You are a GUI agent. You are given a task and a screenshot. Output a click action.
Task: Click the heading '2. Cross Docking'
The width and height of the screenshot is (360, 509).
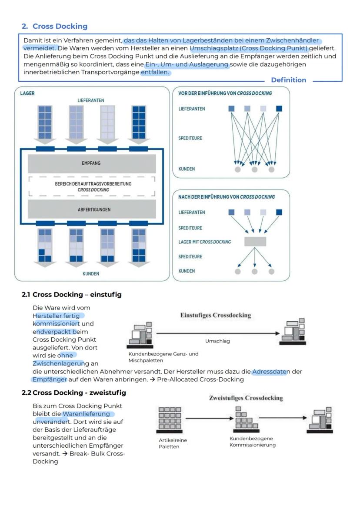pos(54,26)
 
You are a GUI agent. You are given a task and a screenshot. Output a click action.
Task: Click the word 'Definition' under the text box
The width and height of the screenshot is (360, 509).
pos(288,80)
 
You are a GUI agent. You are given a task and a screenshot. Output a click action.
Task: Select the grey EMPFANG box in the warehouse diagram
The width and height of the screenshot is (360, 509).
pos(91,163)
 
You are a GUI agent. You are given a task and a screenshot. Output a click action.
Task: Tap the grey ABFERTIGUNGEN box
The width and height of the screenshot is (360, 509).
pos(91,210)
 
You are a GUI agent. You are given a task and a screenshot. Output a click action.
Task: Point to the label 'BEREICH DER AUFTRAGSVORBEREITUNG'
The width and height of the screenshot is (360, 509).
pos(93,184)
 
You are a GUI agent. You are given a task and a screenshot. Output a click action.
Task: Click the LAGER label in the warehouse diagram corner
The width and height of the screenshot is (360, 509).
pos(27,93)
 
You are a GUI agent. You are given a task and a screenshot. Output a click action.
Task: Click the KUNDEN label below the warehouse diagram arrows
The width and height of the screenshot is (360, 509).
pos(91,274)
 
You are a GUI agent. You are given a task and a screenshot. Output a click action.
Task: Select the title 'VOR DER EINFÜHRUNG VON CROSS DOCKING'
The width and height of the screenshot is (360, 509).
pos(225,93)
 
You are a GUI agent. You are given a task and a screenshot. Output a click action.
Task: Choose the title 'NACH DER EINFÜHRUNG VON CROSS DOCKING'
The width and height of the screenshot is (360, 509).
pos(227,197)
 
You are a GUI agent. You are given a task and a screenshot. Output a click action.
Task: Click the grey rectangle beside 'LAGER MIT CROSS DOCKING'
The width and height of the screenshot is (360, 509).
pos(255,242)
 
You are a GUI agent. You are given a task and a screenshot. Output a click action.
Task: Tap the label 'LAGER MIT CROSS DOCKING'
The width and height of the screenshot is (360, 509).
pos(204,242)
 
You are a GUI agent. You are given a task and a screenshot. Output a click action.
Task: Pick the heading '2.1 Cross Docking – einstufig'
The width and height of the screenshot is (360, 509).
pos(72,295)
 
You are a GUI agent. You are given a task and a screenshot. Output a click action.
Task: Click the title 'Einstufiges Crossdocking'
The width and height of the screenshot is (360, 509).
pos(216,315)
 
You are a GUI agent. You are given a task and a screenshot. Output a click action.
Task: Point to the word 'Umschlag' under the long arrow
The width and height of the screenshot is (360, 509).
pos(217,341)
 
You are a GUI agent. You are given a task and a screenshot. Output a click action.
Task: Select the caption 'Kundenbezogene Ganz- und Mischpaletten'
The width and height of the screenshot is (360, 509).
pos(163,357)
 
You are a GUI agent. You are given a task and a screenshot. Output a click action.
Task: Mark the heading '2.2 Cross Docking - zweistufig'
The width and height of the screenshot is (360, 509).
pos(74,393)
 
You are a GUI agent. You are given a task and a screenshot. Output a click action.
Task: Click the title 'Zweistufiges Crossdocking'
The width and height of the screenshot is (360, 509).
pos(246,398)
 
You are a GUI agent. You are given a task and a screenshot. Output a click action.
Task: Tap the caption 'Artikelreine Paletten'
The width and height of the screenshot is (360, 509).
pos(173,443)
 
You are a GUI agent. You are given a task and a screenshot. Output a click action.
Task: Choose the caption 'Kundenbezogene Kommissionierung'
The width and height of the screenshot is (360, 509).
pos(252,442)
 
